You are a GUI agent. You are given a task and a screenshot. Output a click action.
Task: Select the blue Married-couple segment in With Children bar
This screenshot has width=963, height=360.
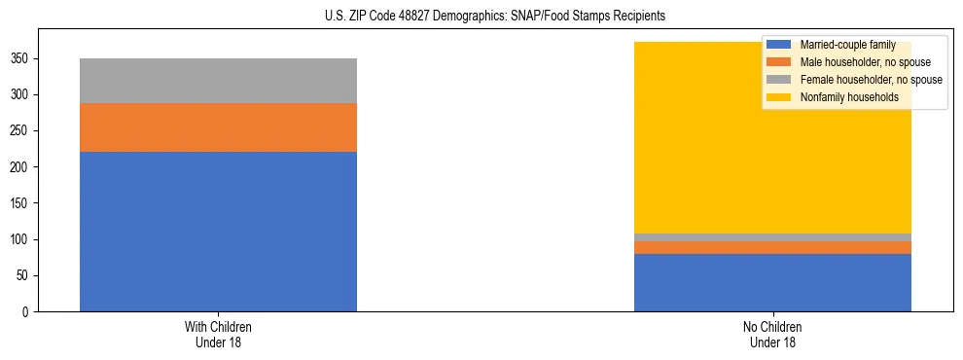pos(218,232)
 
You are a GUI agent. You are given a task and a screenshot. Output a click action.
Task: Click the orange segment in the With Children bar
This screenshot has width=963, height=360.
pos(218,127)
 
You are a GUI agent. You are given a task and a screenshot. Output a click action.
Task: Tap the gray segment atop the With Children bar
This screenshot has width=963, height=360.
pos(218,81)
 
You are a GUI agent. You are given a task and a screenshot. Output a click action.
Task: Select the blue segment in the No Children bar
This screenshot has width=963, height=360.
pos(772,282)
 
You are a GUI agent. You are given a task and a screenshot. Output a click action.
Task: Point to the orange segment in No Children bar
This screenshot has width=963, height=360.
pos(772,247)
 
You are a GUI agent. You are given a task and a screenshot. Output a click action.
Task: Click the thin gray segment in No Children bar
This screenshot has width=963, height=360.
pos(772,237)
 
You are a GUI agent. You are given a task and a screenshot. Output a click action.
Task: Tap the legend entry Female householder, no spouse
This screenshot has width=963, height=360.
pos(869,80)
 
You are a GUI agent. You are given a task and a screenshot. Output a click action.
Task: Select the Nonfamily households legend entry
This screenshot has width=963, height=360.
pos(849,97)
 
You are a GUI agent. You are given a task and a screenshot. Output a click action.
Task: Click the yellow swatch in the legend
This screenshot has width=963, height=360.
pos(780,97)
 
